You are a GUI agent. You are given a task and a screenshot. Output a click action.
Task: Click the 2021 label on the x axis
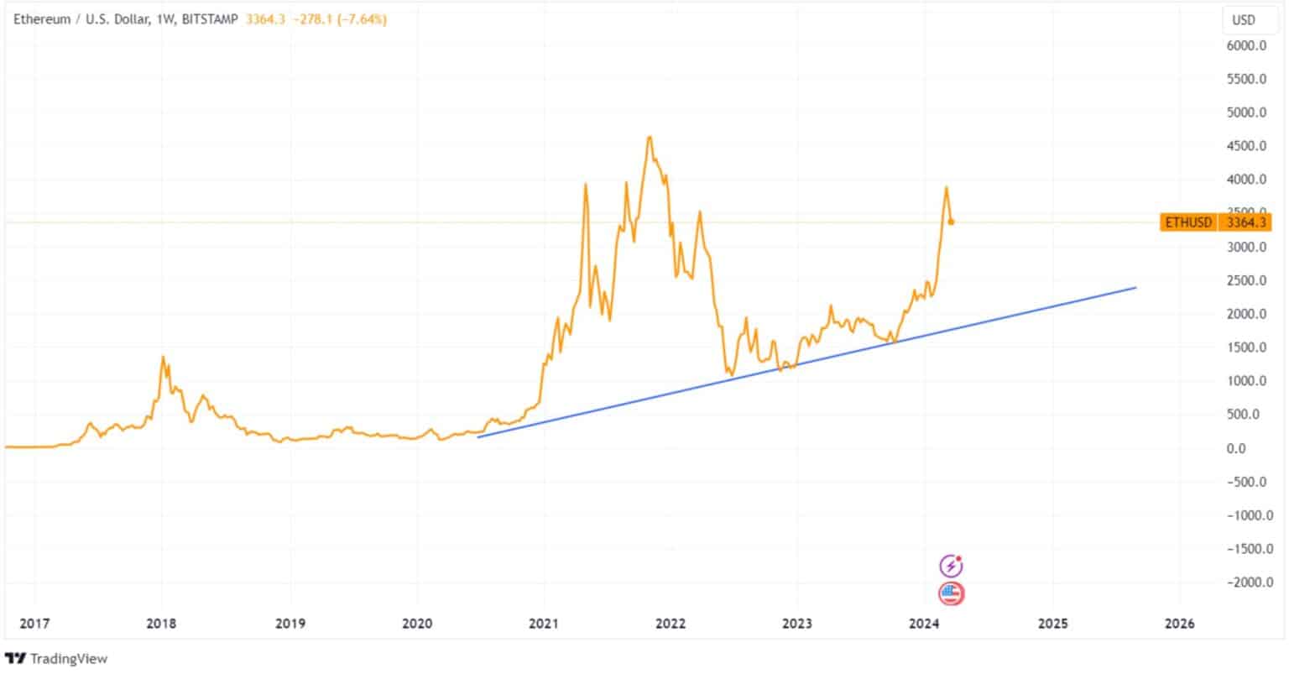pyautogui.click(x=544, y=624)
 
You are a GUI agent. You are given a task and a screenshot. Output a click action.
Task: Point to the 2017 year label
pyautogui.click(x=34, y=624)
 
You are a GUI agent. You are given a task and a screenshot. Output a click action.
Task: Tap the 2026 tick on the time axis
pyautogui.click(x=1180, y=624)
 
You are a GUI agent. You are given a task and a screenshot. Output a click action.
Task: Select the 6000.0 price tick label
pyautogui.click(x=1245, y=45)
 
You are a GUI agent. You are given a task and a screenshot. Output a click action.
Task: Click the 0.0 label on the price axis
pyautogui.click(x=1253, y=448)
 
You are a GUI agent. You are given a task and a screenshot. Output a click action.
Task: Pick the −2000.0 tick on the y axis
pyautogui.click(x=1243, y=583)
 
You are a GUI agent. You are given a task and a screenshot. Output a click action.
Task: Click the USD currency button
pyautogui.click(x=1243, y=19)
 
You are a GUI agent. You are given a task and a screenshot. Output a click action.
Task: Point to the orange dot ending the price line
pyautogui.click(x=952, y=222)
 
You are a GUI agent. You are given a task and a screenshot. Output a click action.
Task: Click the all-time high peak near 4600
pyautogui.click(x=650, y=137)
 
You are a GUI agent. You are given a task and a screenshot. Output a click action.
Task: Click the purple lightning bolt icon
pyautogui.click(x=951, y=565)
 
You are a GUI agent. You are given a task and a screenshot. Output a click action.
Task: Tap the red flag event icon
pyautogui.click(x=951, y=594)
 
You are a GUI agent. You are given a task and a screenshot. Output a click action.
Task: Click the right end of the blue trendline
pyautogui.click(x=1135, y=288)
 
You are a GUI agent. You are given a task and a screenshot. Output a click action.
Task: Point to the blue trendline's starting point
pyautogui.click(x=478, y=436)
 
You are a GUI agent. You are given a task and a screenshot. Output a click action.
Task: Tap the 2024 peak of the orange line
pyautogui.click(x=946, y=187)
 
